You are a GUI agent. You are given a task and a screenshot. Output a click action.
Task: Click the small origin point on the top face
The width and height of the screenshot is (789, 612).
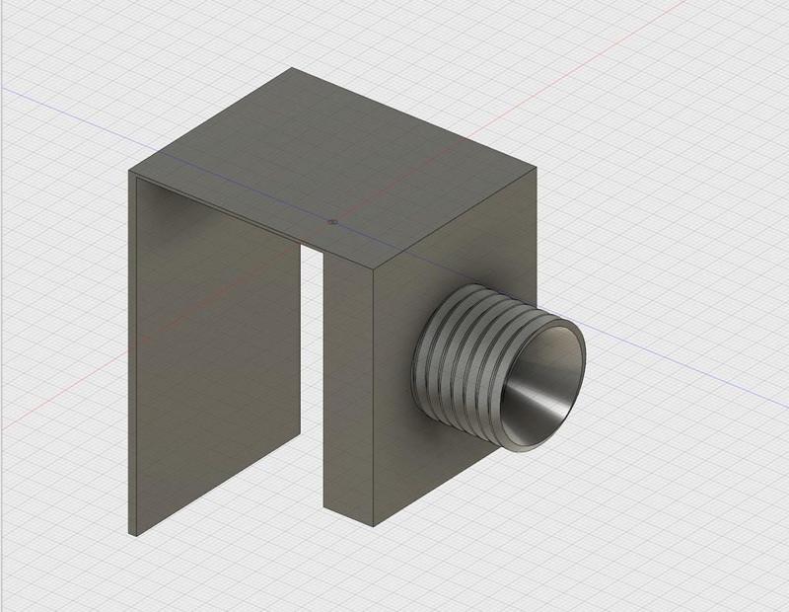tap(333, 222)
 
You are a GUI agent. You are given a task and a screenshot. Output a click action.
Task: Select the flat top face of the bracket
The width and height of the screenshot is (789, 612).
tap(335, 168)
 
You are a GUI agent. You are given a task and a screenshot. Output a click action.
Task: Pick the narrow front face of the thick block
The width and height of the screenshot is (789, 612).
tap(348, 395)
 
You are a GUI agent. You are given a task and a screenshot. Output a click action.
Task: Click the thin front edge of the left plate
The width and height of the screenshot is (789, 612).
tap(131, 355)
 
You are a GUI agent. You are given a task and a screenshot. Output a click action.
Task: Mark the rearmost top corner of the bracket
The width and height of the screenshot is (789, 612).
tap(291, 68)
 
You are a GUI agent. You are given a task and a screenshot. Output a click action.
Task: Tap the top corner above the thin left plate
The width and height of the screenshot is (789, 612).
tap(130, 172)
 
